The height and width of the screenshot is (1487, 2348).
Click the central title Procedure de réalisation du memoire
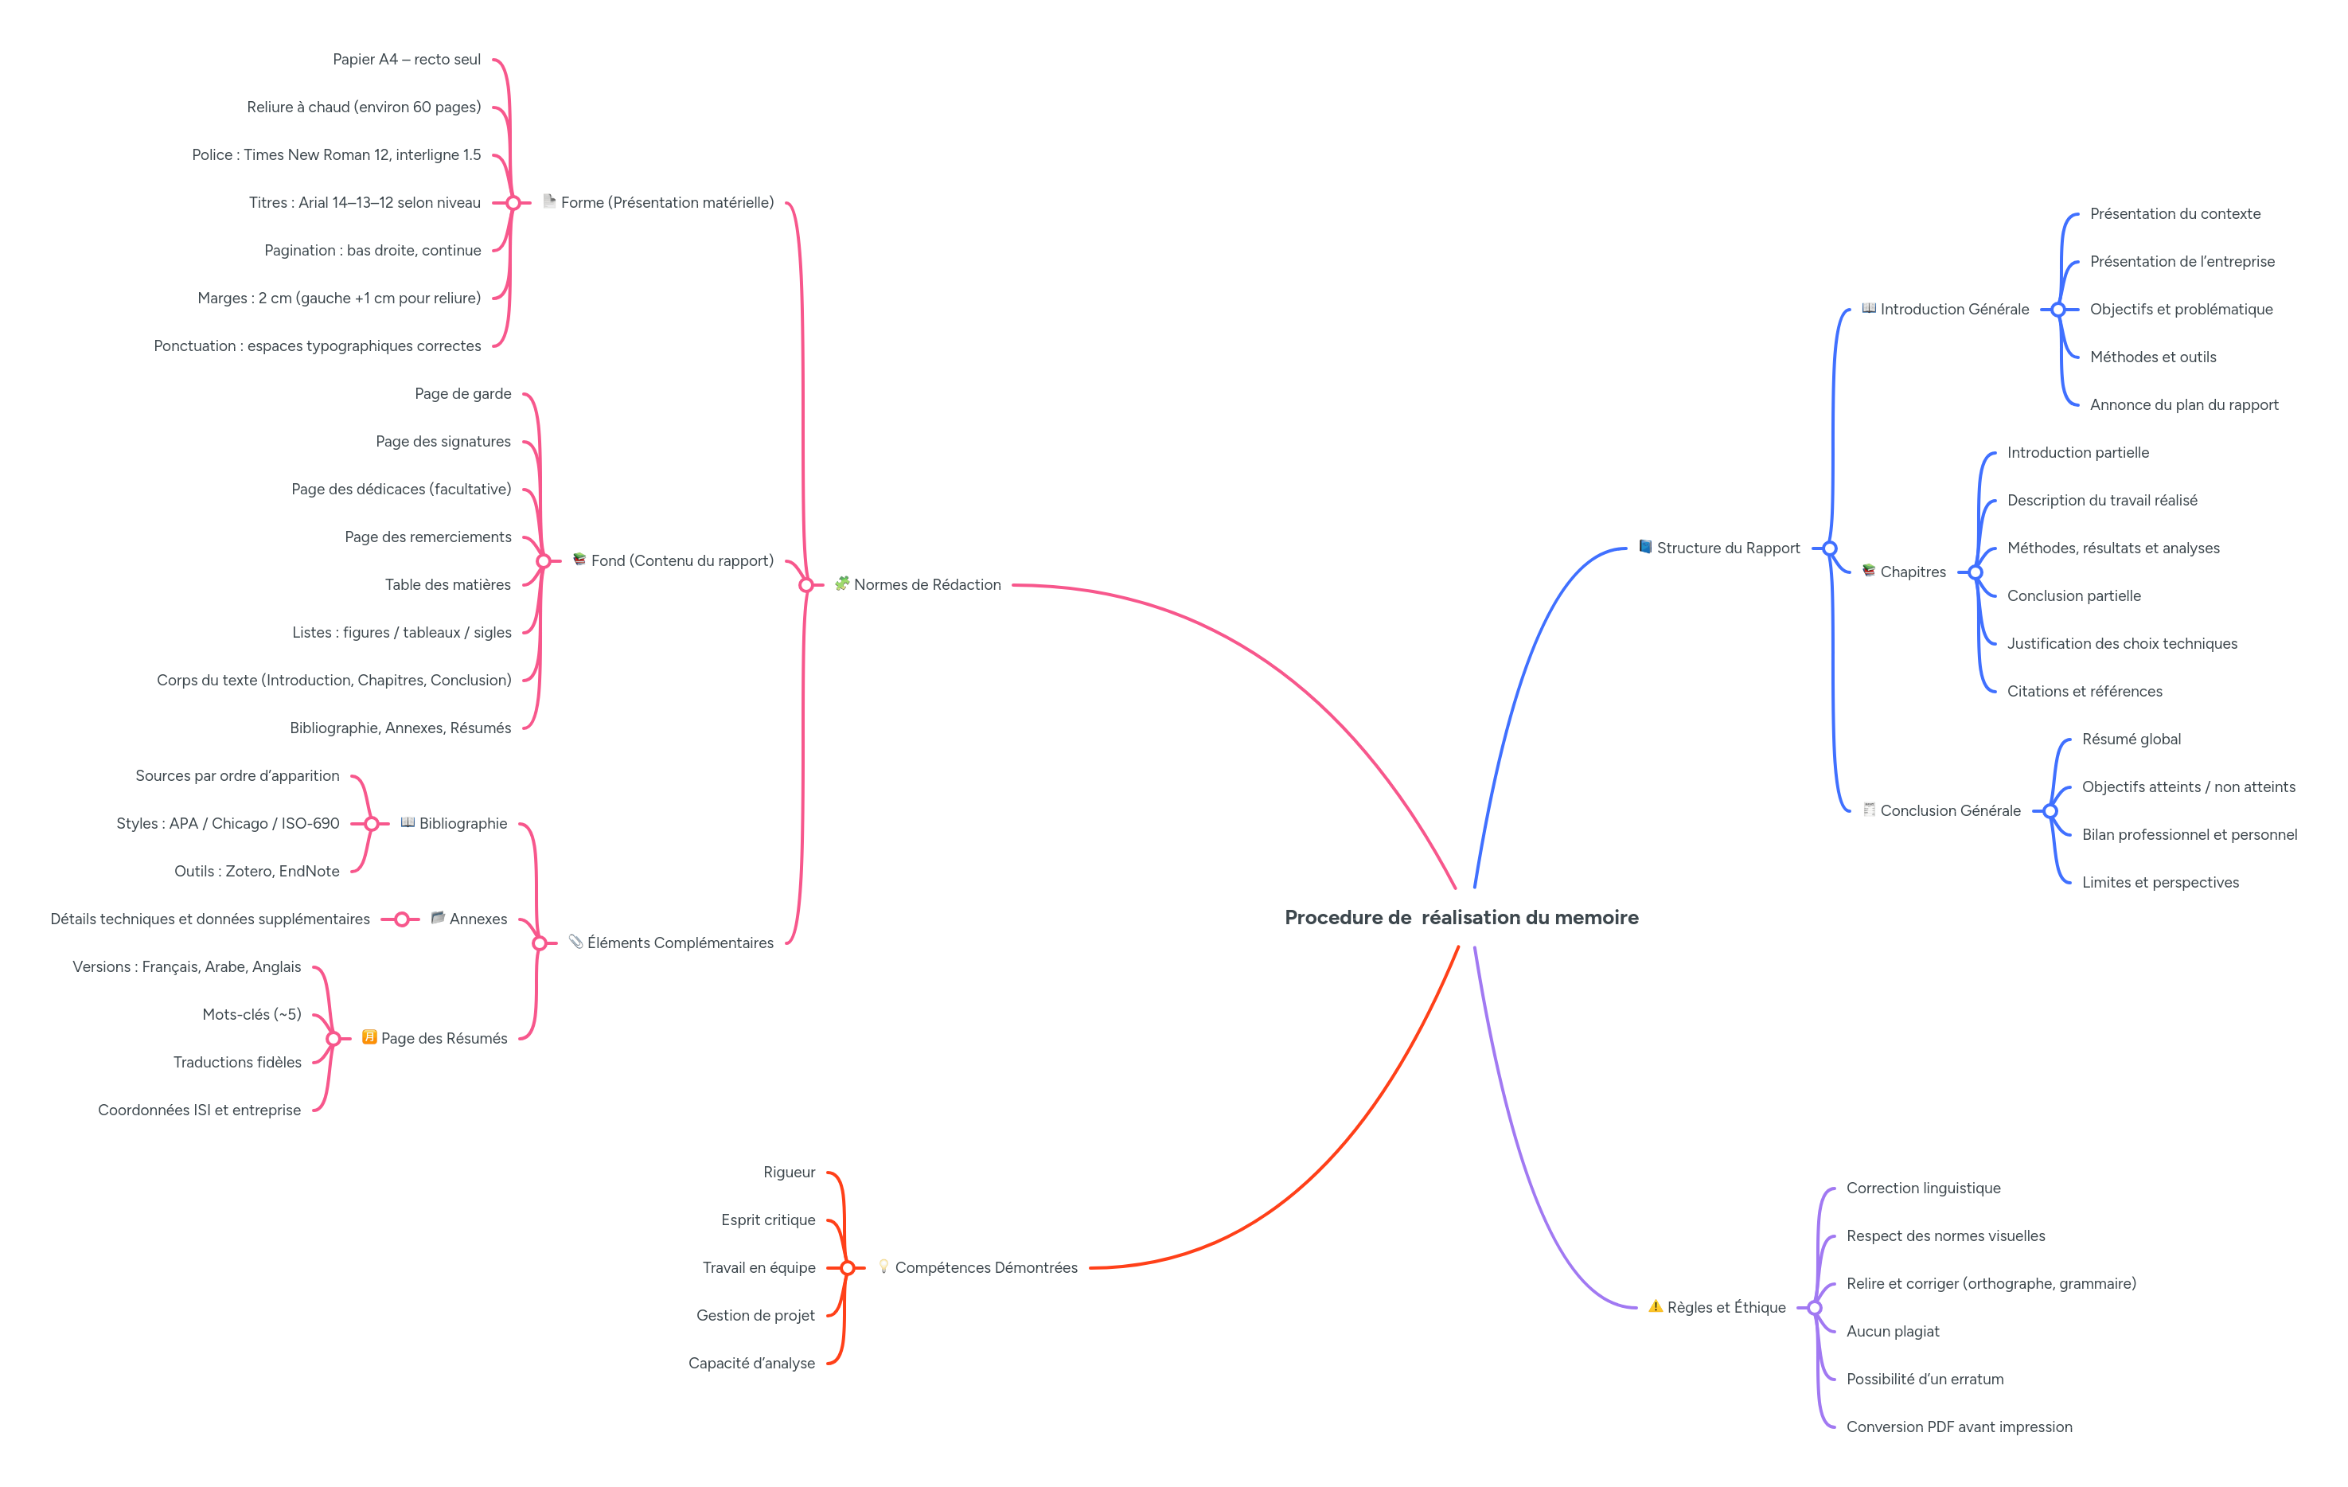click(1461, 918)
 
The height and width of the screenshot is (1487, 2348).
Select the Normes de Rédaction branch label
click(926, 585)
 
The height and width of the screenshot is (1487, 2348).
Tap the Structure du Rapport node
click(1728, 548)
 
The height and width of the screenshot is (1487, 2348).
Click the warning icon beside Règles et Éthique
click(1655, 1306)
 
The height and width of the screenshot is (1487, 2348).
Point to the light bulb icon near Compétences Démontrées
click(883, 1266)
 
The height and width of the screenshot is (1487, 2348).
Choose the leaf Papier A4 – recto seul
click(407, 60)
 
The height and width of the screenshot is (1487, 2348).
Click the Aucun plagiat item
click(1892, 1331)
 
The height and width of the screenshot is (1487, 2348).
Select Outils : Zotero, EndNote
click(256, 871)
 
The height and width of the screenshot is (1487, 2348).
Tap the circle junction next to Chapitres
click(1975, 572)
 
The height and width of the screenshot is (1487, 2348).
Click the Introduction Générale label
click(1954, 309)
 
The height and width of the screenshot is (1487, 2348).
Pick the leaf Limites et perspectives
click(2160, 883)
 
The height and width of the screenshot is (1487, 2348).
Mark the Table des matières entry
click(447, 585)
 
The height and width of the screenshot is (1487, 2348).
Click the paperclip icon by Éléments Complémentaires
click(575, 942)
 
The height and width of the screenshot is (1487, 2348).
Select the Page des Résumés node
click(443, 1039)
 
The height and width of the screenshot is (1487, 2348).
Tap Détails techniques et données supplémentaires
click(209, 919)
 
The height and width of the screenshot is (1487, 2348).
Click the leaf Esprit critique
click(767, 1220)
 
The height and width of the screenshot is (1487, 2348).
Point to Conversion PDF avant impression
click(1959, 1427)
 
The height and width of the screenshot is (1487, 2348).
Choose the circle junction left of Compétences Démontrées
click(848, 1267)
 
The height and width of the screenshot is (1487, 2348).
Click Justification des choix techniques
click(2122, 643)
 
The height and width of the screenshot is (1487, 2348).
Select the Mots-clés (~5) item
click(252, 1014)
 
